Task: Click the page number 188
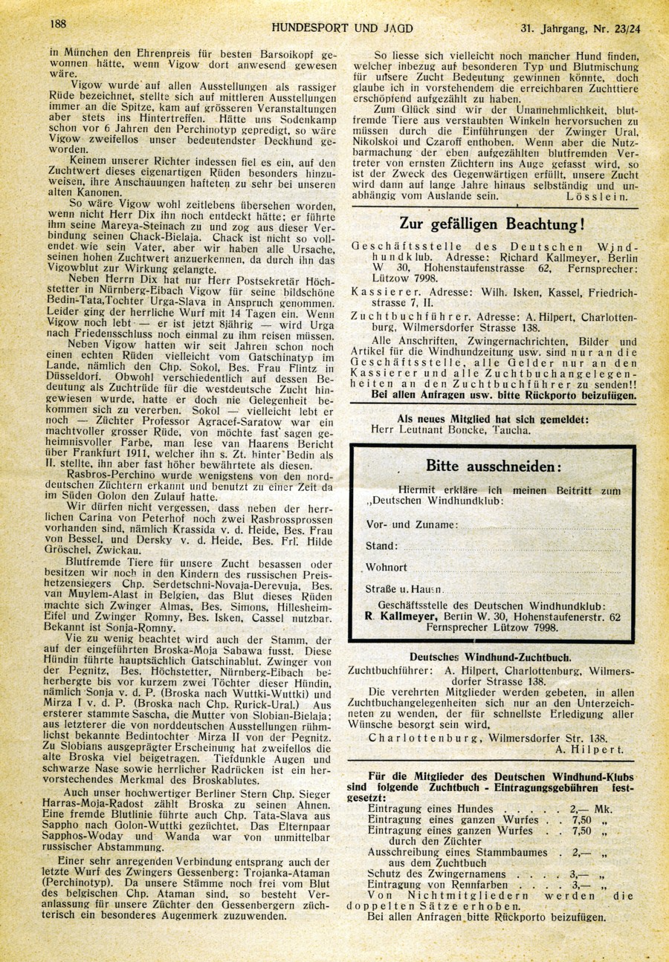pyautogui.click(x=59, y=23)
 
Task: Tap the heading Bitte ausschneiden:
pyautogui.click(x=494, y=466)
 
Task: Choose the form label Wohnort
pyautogui.click(x=387, y=568)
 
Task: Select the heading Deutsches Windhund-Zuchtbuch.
pyautogui.click(x=490, y=656)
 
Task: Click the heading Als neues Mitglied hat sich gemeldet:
pyautogui.click(x=493, y=418)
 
